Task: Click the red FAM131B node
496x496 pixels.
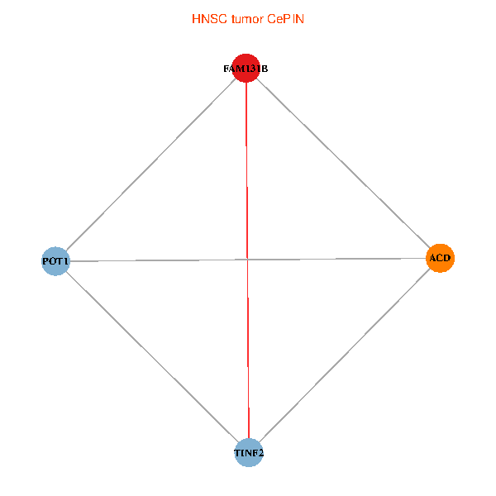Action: pos(246,69)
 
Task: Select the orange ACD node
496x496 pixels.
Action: pos(440,259)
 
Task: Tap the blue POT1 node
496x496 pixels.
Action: pos(55,261)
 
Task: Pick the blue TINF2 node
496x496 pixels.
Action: pos(248,453)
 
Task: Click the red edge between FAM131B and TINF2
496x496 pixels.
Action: pos(247,355)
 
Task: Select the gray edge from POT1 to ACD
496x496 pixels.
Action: pos(149,260)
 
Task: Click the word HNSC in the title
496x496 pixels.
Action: pos(207,17)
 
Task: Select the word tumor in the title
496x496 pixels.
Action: pos(246,17)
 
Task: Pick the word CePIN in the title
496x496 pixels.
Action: pos(285,17)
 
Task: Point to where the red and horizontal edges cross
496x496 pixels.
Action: pos(247,260)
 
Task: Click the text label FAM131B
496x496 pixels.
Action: pos(246,69)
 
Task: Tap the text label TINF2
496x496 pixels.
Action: pos(248,453)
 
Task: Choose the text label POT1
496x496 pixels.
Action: pos(55,261)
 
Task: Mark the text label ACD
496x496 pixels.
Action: pos(440,259)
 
